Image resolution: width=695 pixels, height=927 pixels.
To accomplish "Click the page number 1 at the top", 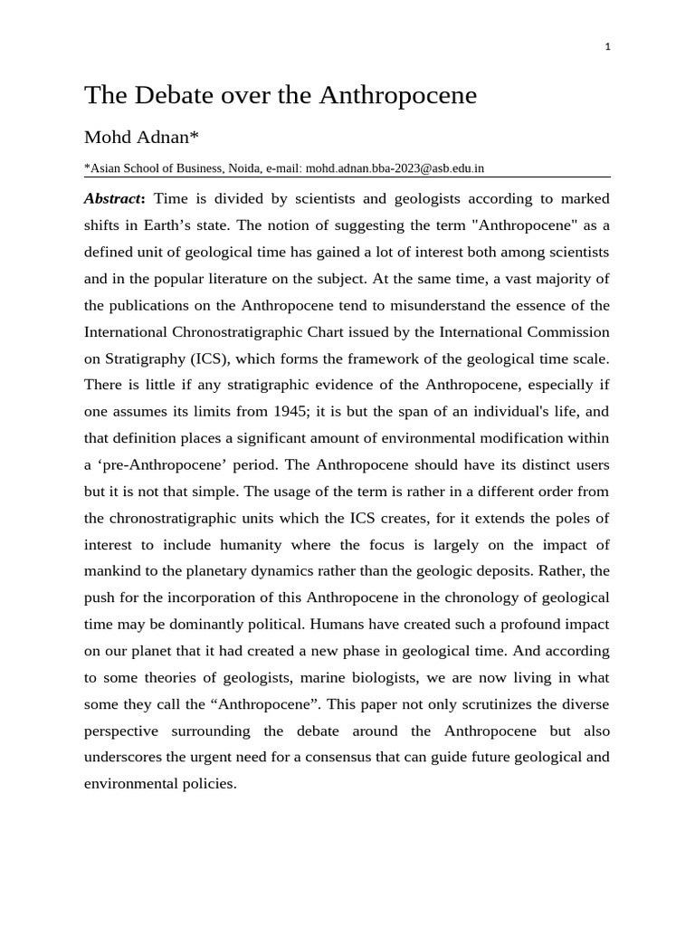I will (x=608, y=47).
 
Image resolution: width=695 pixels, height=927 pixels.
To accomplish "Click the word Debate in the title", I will (x=176, y=95).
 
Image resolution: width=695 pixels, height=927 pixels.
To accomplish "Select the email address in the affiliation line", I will (x=395, y=168).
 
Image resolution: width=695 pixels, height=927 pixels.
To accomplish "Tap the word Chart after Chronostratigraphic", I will (x=347, y=331).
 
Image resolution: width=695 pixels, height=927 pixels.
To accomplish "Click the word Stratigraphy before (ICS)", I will (x=148, y=358).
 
